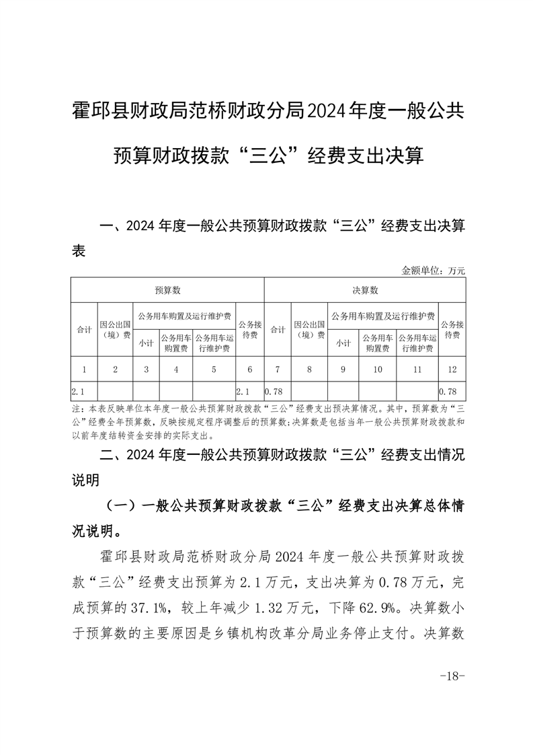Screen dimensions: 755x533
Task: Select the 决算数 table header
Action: [365, 290]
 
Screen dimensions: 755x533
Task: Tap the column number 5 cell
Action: [214, 369]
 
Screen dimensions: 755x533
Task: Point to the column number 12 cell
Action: [452, 369]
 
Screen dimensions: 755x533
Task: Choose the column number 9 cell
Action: [343, 369]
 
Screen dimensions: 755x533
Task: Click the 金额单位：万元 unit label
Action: [434, 271]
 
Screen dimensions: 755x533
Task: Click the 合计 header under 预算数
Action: [84, 329]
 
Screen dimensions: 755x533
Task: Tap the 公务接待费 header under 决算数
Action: [452, 329]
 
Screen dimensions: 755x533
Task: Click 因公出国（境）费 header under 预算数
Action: [116, 329]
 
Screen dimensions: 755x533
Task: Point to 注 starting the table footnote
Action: [75, 408]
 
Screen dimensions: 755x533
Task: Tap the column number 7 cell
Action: [278, 369]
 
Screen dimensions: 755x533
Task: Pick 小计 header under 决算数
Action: [343, 343]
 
